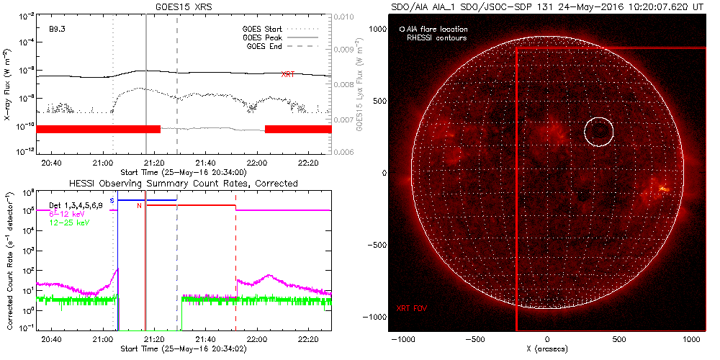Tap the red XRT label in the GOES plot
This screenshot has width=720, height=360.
point(287,74)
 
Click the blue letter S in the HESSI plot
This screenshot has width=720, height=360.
point(112,199)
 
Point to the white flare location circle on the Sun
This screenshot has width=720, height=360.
point(598,132)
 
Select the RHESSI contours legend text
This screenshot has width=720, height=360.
point(436,37)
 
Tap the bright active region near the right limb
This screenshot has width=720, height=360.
point(661,190)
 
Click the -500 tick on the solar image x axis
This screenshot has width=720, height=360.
point(474,339)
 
